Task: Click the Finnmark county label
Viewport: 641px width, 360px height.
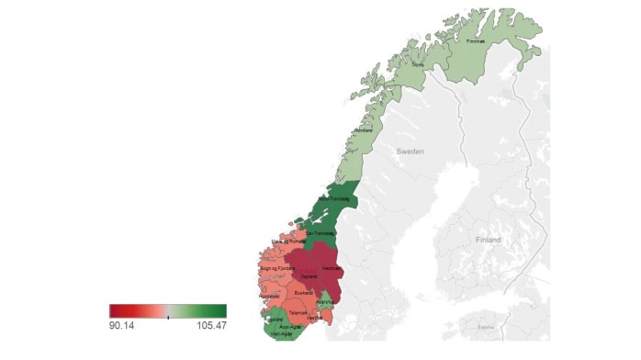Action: point(476,41)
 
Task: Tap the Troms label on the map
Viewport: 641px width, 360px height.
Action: point(418,65)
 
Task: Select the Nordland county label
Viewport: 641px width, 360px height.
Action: point(363,131)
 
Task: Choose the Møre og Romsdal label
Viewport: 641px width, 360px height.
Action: point(288,242)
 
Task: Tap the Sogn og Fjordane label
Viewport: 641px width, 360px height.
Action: point(276,267)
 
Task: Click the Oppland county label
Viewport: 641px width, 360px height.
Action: point(309,276)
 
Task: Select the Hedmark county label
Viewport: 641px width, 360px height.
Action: point(331,267)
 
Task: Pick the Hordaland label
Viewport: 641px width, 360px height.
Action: point(269,296)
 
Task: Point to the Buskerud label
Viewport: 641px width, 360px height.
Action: point(304,292)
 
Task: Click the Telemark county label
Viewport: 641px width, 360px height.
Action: point(298,312)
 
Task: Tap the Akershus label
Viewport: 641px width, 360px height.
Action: point(324,301)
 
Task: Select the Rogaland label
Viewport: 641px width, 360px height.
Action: point(274,319)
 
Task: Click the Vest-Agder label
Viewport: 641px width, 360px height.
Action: point(281,333)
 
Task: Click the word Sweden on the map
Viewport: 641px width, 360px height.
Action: point(410,151)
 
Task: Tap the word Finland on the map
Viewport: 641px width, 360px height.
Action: point(489,240)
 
